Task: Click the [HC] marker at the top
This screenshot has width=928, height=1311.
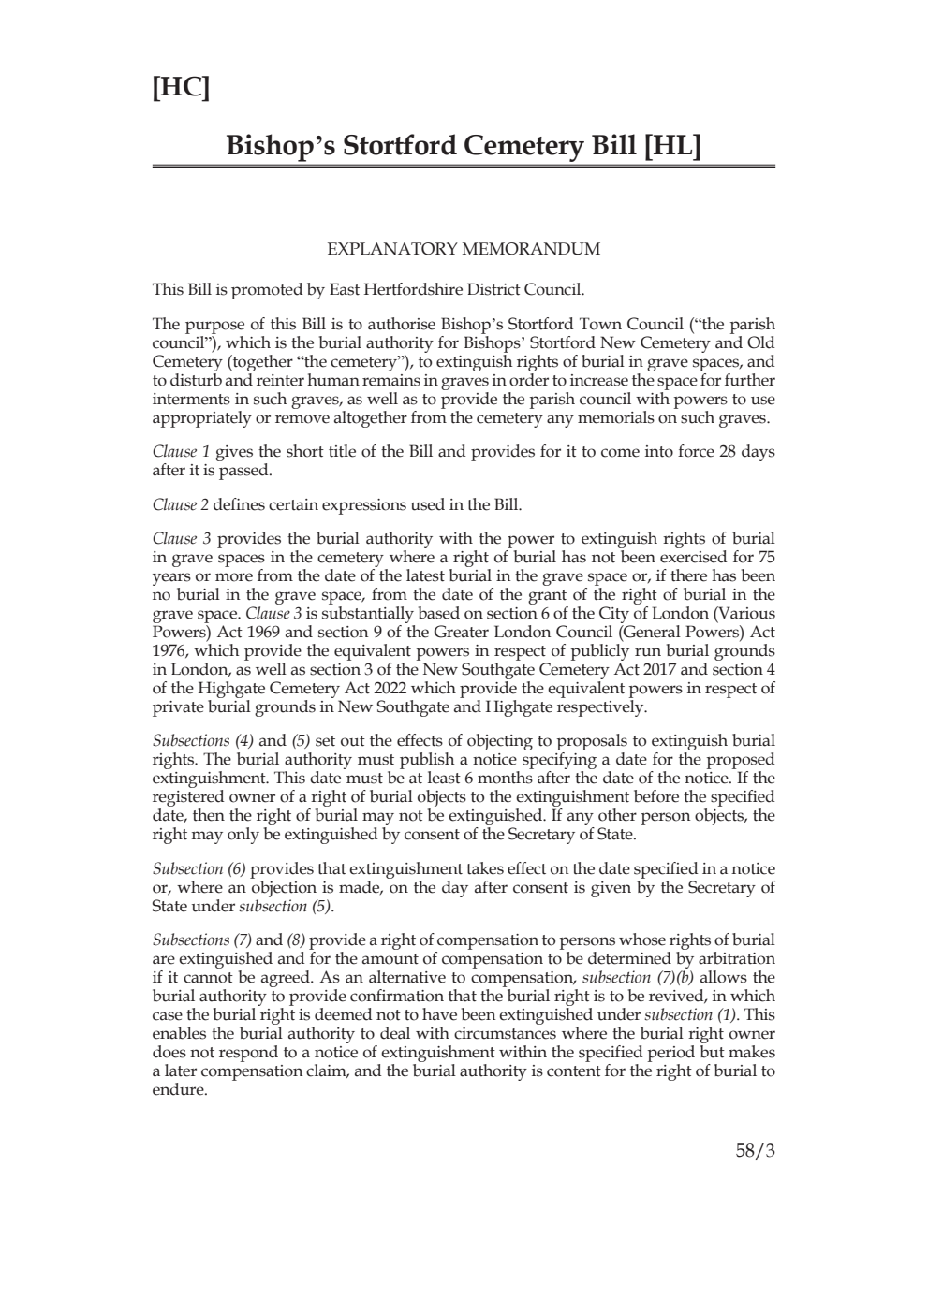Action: coord(180,88)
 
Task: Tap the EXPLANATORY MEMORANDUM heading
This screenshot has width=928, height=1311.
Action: coord(464,249)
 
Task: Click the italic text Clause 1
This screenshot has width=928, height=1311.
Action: coord(181,451)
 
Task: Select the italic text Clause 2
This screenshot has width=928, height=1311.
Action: coord(181,504)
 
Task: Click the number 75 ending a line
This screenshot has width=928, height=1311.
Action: coord(765,557)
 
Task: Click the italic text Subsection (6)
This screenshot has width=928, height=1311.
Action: coord(199,868)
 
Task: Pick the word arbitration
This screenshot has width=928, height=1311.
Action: coord(730,958)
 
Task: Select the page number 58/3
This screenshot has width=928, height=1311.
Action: coord(756,1151)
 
